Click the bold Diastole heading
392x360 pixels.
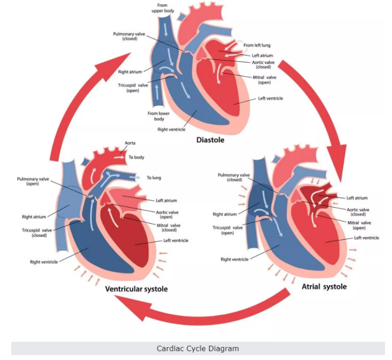pos(210,140)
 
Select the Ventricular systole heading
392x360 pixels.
pos(136,289)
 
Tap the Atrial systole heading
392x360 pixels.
pos(324,286)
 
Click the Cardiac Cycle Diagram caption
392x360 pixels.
pos(198,348)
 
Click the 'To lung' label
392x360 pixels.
pos(154,177)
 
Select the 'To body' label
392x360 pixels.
pos(136,157)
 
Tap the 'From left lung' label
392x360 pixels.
pos(258,45)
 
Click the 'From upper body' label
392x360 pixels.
pos(163,8)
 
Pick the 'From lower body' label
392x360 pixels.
pos(159,116)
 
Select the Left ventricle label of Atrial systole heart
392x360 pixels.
pos(366,238)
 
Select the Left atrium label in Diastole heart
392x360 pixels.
pos(262,55)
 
